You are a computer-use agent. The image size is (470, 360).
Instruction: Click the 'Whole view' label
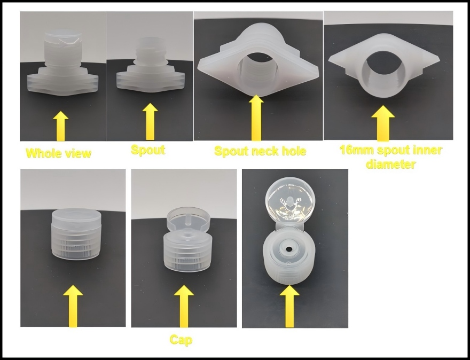coord(59,153)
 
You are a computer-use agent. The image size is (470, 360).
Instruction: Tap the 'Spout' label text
coord(148,150)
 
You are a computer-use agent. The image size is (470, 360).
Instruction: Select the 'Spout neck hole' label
coord(260,151)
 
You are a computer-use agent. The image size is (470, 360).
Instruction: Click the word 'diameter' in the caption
coord(391,164)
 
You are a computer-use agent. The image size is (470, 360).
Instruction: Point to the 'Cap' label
coord(181,340)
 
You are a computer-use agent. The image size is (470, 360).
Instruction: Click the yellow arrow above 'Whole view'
coord(61,126)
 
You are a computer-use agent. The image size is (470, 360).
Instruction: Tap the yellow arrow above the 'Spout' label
coord(150,121)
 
